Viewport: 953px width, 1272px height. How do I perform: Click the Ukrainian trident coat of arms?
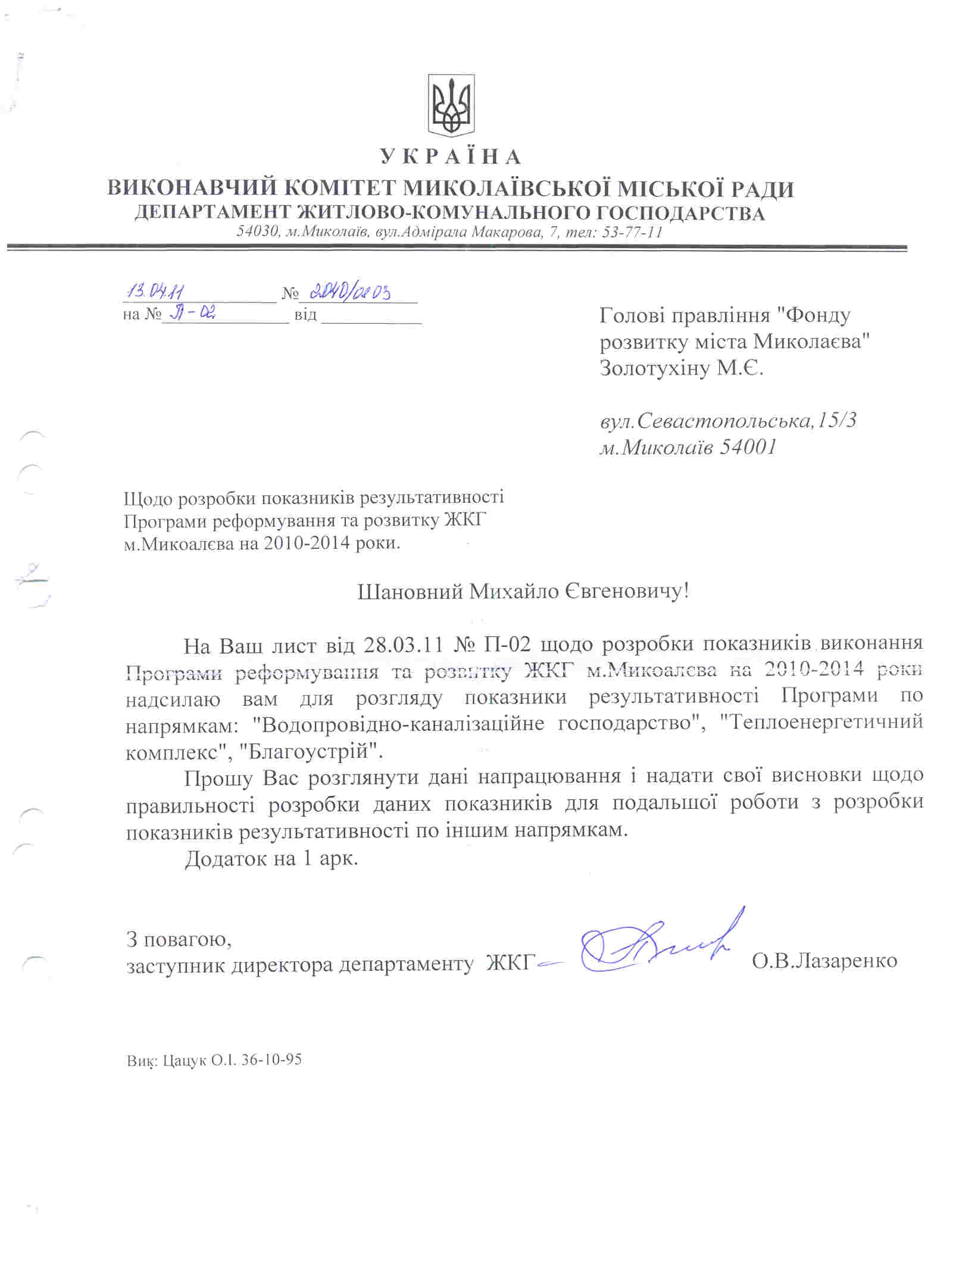pyautogui.click(x=451, y=105)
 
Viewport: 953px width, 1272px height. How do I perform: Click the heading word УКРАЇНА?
pyautogui.click(x=451, y=157)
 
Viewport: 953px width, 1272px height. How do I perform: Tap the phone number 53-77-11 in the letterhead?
pyautogui.click(x=632, y=232)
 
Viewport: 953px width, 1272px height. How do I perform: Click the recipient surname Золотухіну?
pyautogui.click(x=655, y=368)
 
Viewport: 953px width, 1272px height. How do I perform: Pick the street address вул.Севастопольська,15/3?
pyautogui.click(x=728, y=421)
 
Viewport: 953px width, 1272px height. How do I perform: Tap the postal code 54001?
pyautogui.click(x=748, y=447)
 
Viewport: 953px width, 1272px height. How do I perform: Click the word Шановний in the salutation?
pyautogui.click(x=410, y=592)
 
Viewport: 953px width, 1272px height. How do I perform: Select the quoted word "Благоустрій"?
pyautogui.click(x=311, y=751)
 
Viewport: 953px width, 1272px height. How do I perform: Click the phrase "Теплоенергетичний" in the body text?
pyautogui.click(x=821, y=722)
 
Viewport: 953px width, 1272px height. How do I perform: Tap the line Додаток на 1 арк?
pyautogui.click(x=271, y=858)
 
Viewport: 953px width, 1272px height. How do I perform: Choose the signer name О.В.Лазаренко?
pyautogui.click(x=824, y=961)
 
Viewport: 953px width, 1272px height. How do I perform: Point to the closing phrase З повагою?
pyautogui.click(x=179, y=939)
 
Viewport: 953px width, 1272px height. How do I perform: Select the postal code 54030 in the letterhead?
pyautogui.click(x=257, y=232)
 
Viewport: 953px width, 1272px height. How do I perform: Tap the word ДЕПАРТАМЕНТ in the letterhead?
pyautogui.click(x=213, y=212)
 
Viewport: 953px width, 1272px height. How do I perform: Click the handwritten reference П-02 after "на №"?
pyautogui.click(x=192, y=313)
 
